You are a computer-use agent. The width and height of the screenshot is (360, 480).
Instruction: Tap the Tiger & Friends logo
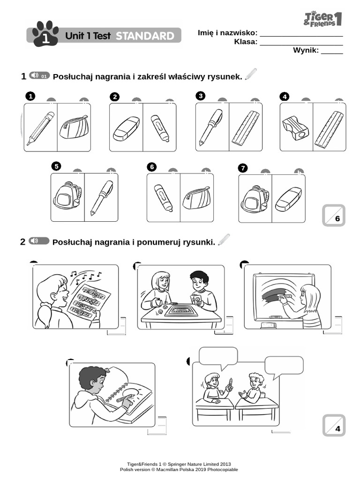323,19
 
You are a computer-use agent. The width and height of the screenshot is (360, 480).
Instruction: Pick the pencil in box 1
40,127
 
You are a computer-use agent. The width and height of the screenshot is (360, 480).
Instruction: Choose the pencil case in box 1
74,127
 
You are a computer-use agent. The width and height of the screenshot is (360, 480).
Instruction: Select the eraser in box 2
126,128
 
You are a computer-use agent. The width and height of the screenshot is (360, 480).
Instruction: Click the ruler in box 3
246,127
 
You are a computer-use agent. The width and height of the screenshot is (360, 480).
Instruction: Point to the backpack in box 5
67,196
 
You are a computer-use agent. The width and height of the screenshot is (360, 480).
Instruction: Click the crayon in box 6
163,197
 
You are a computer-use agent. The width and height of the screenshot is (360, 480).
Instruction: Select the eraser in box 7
288,199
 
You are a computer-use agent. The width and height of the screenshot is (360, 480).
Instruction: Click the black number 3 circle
201,96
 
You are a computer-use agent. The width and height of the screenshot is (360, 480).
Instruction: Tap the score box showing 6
334,216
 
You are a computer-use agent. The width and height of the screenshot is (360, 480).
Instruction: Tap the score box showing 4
334,425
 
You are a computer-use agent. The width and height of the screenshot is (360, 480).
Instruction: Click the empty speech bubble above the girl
218,356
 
